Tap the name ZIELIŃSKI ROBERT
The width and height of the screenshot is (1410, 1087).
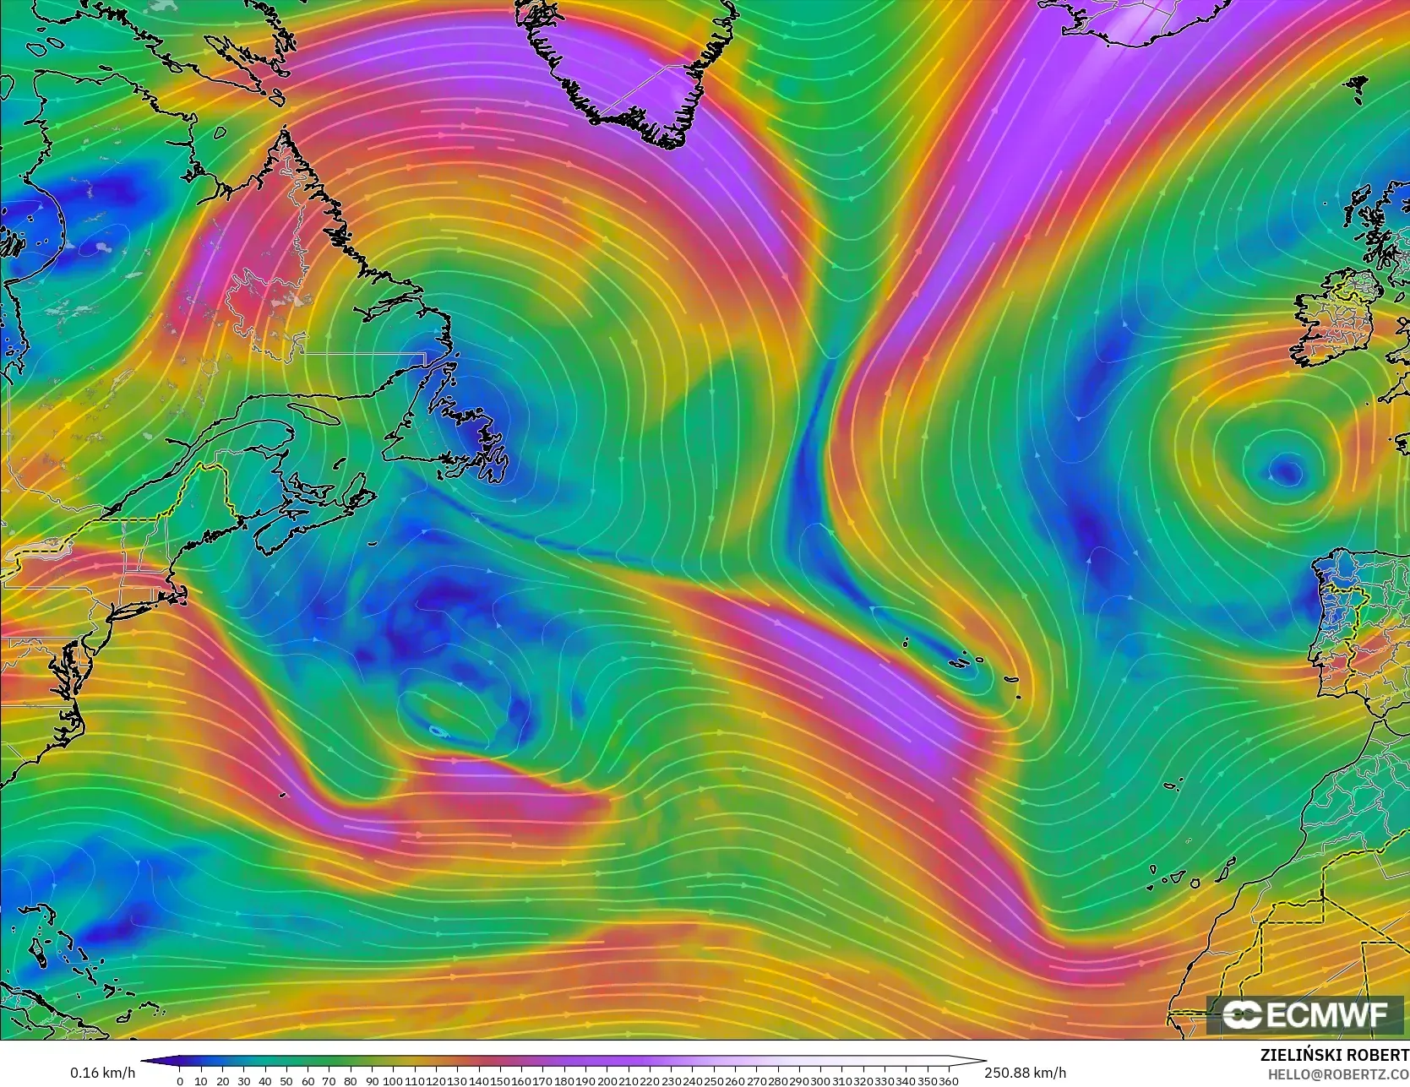point(1334,1055)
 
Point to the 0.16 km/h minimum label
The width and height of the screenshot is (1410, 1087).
point(102,1073)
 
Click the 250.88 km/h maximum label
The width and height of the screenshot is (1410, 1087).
point(1025,1073)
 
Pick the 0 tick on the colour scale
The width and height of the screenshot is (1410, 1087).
point(180,1081)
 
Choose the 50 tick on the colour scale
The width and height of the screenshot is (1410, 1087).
point(286,1081)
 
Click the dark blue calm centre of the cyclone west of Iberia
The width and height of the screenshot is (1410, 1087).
point(1287,470)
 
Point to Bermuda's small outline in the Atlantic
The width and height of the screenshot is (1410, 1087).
point(437,731)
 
